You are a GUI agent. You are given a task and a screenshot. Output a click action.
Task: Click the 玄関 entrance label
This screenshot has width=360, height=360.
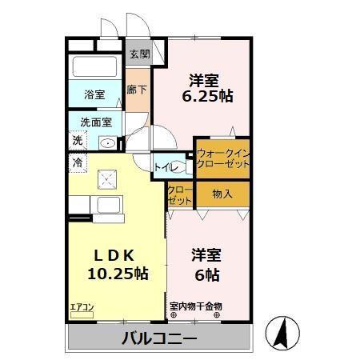(x=139, y=55)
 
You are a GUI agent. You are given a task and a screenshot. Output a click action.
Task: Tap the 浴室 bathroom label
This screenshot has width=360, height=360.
(x=94, y=94)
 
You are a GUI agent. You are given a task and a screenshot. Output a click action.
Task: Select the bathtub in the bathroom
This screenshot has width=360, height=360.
(x=94, y=66)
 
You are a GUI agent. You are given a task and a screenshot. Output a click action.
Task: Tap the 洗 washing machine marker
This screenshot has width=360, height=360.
(x=78, y=140)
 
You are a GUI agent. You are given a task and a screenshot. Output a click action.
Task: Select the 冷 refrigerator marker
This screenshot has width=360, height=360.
(x=78, y=162)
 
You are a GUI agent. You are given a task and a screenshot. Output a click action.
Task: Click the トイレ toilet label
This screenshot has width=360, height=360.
(x=166, y=167)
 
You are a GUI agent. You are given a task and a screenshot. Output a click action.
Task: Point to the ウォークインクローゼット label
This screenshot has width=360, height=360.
(x=222, y=157)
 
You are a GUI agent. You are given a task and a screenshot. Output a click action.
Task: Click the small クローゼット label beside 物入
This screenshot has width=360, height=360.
(x=180, y=194)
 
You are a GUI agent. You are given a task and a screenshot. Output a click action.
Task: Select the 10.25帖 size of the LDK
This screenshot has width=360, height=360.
(x=118, y=274)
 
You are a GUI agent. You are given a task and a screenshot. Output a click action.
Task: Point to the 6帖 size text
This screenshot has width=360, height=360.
(x=206, y=274)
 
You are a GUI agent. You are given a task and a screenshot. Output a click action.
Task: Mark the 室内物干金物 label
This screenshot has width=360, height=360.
(x=196, y=306)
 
